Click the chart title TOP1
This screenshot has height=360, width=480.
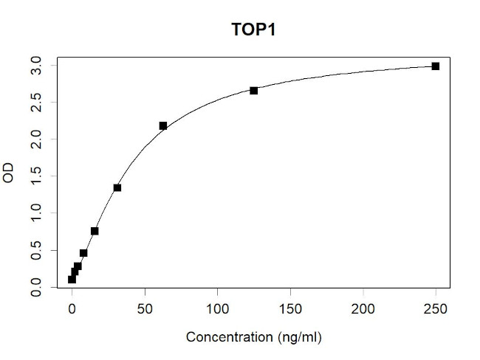pos(254,31)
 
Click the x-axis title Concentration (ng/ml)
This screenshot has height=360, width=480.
pos(254,337)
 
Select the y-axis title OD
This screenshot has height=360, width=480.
pos(9,176)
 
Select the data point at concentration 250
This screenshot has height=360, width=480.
pos(436,66)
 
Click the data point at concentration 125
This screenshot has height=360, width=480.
pos(254,91)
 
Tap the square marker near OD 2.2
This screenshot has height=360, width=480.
pos(163,126)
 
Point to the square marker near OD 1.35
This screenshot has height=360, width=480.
pos(117,187)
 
